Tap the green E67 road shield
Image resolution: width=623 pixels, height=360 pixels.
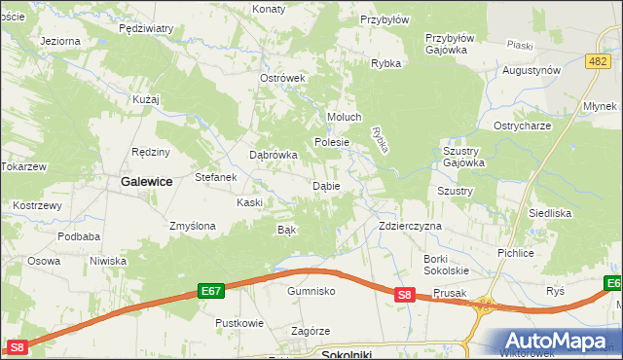pos(211,290)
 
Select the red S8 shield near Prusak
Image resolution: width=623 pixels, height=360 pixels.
pos(407,294)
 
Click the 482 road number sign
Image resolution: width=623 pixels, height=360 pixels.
pos(599,60)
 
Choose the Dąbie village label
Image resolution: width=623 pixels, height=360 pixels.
pos(325,185)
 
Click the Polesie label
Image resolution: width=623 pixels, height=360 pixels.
pos(331,142)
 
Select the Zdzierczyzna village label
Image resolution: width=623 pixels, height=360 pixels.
pos(410,226)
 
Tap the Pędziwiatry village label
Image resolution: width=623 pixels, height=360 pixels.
pos(145,29)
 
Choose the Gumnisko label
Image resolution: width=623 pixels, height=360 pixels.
pos(311,291)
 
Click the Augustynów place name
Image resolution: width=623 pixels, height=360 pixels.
pos(531,71)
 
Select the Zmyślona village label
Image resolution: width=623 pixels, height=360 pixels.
pos(192,226)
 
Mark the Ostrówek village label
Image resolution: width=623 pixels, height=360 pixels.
pos(283,78)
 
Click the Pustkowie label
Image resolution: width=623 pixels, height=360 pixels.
pos(239,322)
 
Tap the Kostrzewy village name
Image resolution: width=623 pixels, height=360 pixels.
pos(37,206)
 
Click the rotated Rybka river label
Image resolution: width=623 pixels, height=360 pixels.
pos(381,138)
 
